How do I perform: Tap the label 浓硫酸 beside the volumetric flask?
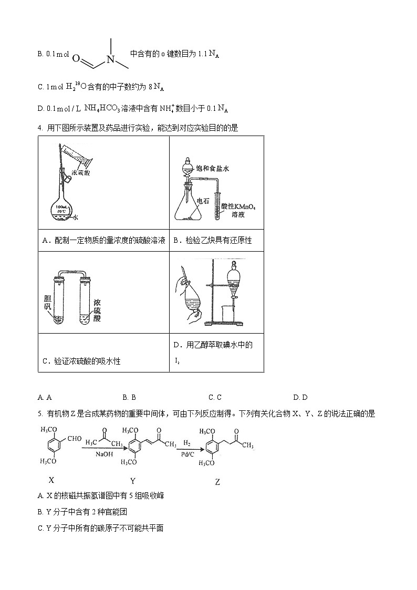tap(80, 171)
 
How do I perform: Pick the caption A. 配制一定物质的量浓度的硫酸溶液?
tap(103, 240)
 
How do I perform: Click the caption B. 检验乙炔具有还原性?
tap(212, 240)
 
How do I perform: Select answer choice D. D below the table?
tap(300, 397)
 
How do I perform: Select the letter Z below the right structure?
tap(218, 481)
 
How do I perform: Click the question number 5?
tap(40, 413)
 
